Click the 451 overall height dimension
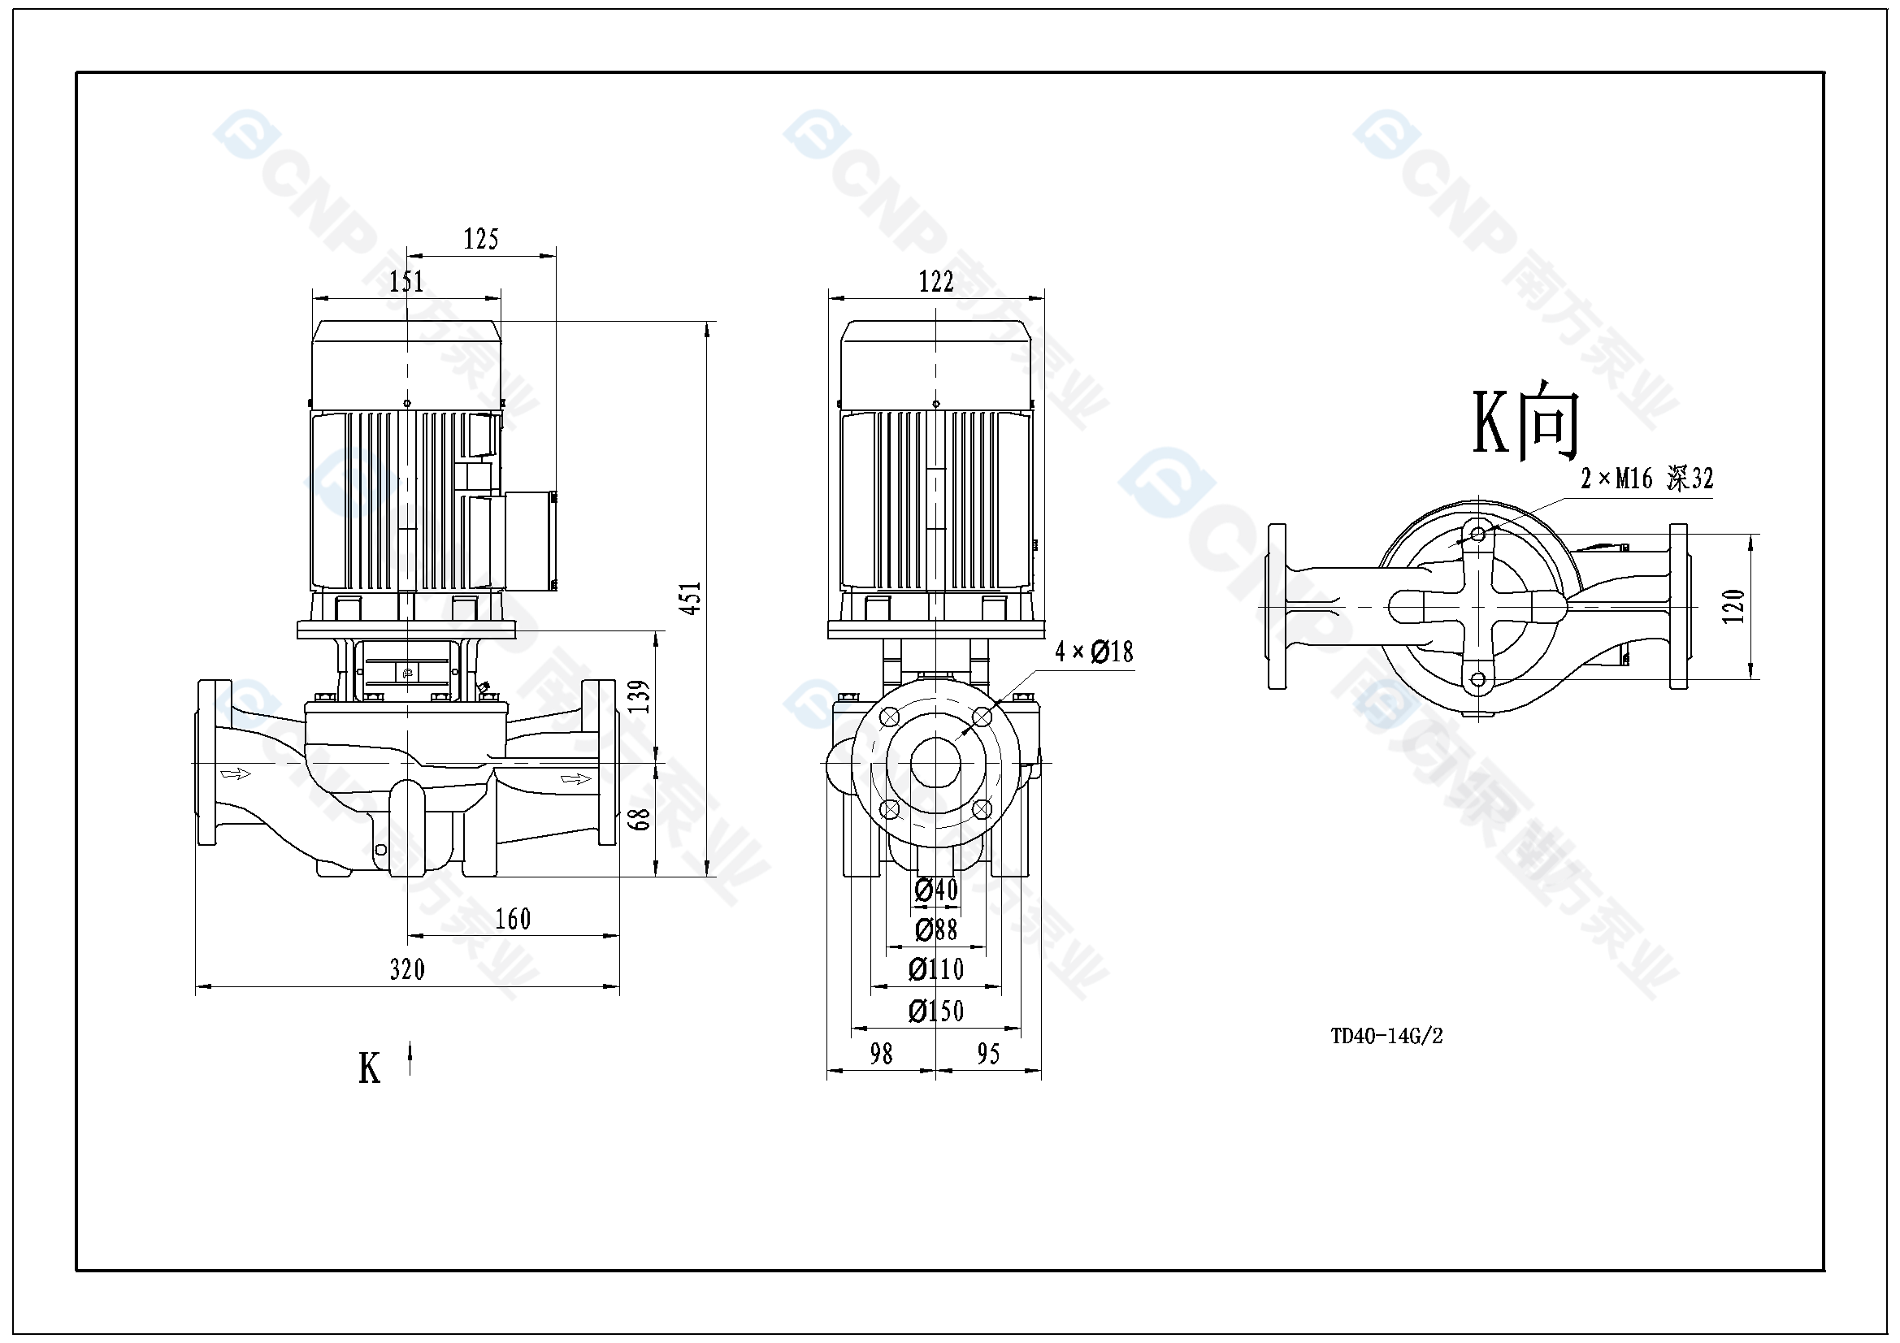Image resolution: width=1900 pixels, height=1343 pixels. point(690,597)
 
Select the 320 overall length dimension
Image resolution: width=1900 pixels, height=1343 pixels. point(407,969)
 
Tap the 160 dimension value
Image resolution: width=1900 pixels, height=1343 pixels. point(513,919)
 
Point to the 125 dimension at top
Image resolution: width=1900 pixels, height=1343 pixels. point(481,239)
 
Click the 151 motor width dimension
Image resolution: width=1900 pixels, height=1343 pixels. point(406,281)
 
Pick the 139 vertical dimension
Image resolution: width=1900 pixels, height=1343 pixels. point(639,696)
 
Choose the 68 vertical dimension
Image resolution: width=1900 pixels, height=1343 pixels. point(639,818)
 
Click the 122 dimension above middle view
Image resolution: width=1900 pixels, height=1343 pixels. point(936,281)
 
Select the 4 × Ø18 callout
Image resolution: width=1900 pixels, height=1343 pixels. point(1093,652)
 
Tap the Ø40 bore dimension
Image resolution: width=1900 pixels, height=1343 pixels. point(936,890)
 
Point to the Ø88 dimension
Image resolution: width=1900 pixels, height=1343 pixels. point(936,930)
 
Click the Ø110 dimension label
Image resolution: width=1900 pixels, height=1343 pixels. point(936,969)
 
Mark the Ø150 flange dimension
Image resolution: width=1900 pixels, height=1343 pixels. point(936,1011)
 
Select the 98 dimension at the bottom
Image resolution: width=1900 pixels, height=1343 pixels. point(881,1054)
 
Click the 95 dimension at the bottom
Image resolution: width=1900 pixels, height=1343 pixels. point(988,1054)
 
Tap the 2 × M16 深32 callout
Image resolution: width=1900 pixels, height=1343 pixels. point(1646,479)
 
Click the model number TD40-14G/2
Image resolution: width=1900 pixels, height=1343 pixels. point(1386,1036)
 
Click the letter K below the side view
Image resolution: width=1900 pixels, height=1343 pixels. point(369,1068)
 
